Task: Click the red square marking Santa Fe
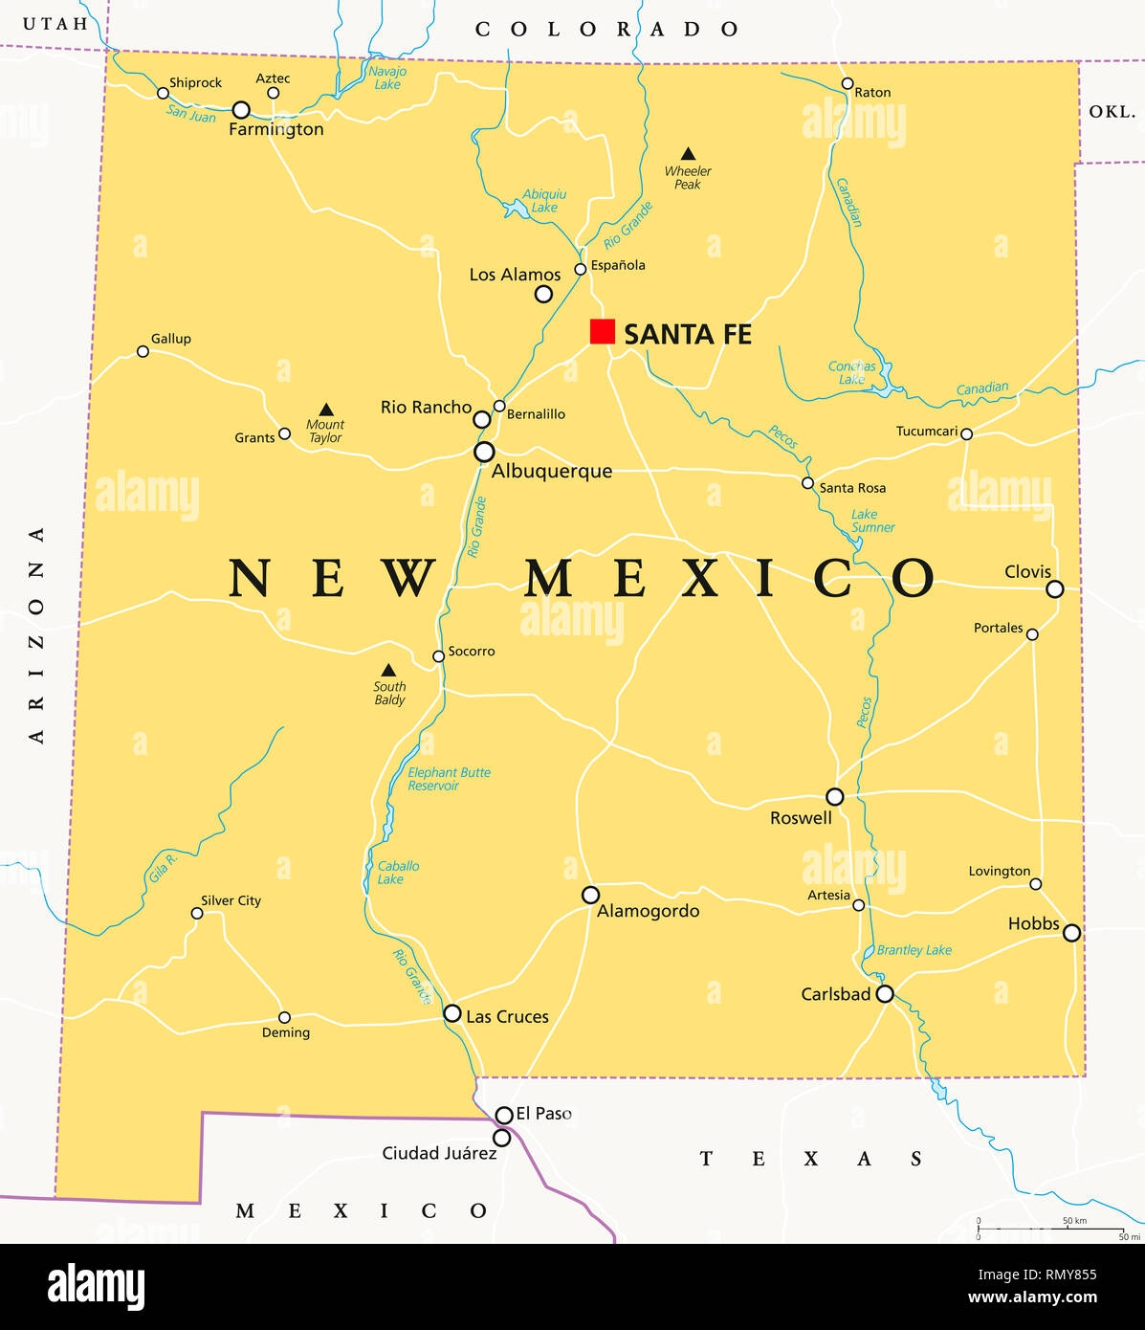tap(602, 331)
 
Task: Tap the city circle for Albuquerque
tap(485, 452)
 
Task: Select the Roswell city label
tap(801, 818)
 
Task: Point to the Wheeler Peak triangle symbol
tap(688, 154)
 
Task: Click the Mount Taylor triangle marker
tap(326, 410)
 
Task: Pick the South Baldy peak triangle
tap(388, 671)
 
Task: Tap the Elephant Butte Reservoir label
tap(449, 779)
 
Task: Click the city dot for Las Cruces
tap(452, 1012)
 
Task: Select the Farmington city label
tap(276, 129)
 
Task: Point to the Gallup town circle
tap(143, 351)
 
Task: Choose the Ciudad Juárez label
tap(439, 1153)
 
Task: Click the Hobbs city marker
tap(1072, 932)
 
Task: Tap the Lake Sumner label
tap(872, 521)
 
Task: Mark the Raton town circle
tap(848, 84)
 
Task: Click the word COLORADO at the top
tap(607, 30)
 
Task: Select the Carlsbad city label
tap(835, 994)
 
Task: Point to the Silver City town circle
tap(197, 913)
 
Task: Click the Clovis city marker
tap(1054, 589)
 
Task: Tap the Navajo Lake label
tap(387, 78)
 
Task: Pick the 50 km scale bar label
tap(1074, 1221)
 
